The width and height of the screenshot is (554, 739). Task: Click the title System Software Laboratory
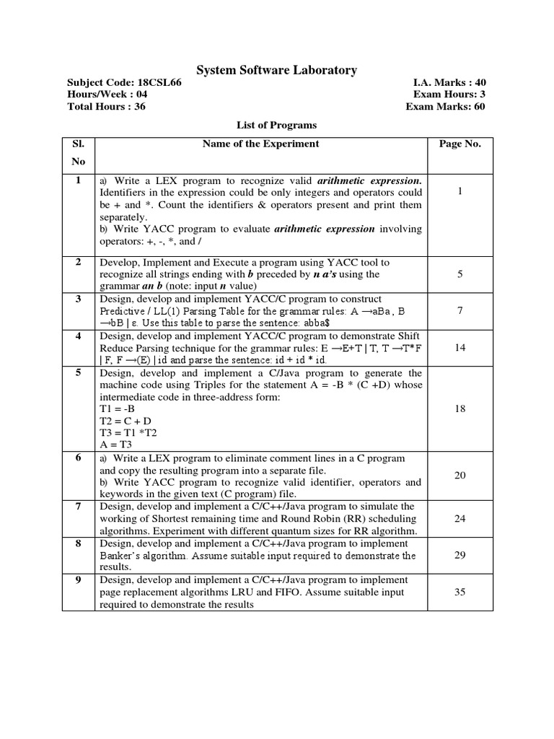277,70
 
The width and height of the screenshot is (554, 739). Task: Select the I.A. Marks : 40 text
447,82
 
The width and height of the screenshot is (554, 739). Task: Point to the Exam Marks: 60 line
445,107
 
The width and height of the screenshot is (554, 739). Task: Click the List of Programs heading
277,125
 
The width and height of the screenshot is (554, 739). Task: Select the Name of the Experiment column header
260,144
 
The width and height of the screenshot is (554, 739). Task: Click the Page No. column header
460,144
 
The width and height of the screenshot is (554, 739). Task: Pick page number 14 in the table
460,347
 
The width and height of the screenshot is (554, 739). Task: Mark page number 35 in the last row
460,592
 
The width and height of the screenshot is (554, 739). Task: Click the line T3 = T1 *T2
128,432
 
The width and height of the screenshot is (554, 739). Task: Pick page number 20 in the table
460,476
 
